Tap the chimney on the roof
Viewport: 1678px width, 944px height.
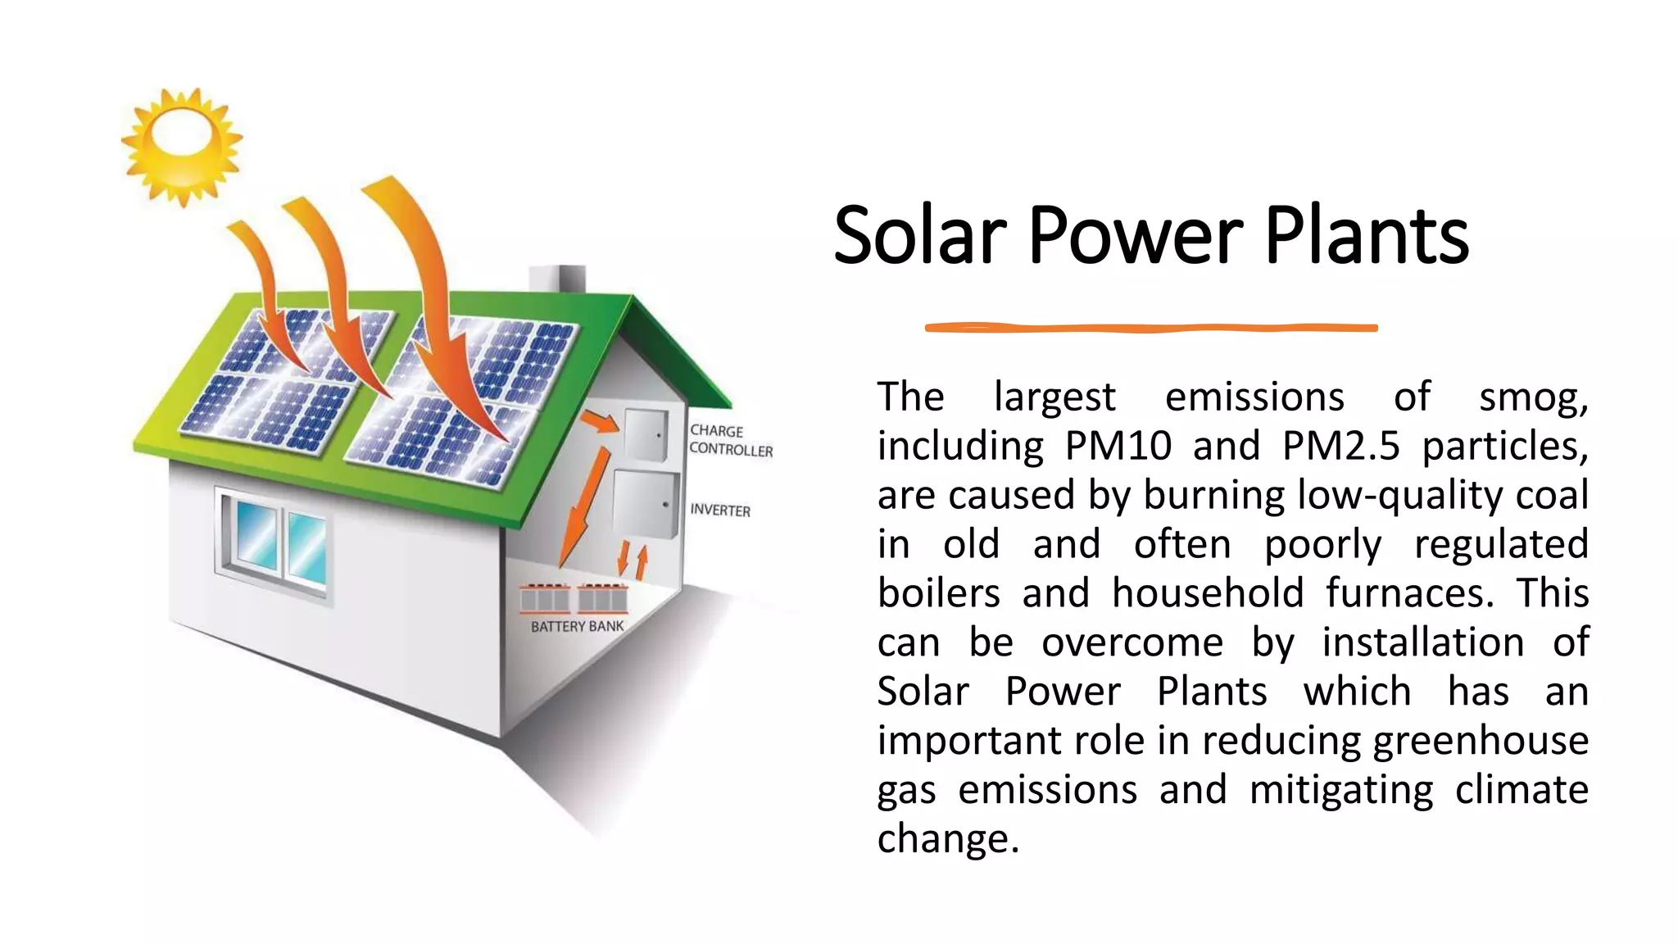click(557, 279)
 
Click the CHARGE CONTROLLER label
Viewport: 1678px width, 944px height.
click(730, 440)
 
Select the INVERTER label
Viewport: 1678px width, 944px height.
click(720, 510)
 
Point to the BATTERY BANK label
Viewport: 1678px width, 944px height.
click(577, 626)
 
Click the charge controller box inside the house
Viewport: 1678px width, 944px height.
click(646, 435)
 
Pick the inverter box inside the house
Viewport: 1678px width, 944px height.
click(645, 503)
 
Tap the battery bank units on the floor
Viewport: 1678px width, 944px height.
click(574, 598)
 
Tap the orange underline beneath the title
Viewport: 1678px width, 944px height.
click(1150, 328)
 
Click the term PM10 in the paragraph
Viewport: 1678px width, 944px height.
click(1118, 446)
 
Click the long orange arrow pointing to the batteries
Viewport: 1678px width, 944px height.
click(585, 508)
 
